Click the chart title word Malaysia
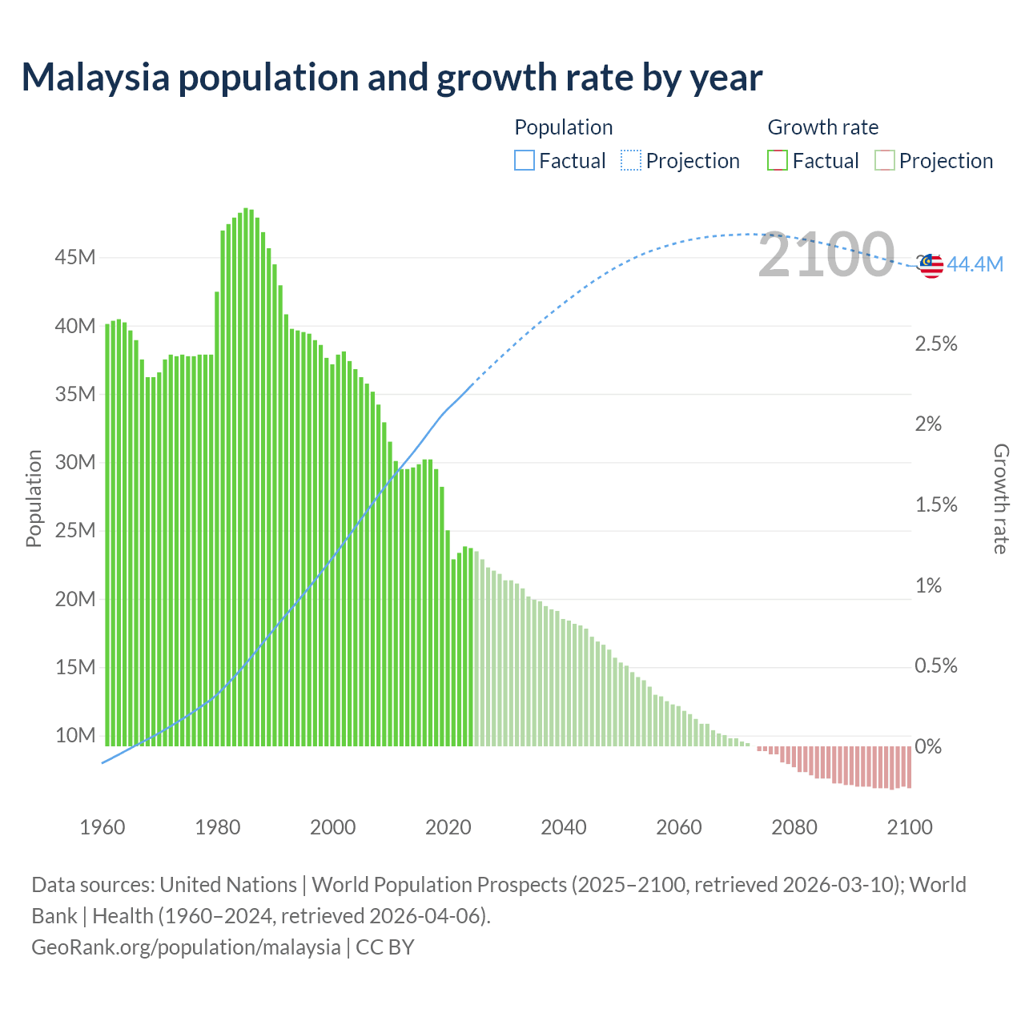click(95, 78)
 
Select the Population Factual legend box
click(524, 161)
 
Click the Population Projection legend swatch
click(631, 161)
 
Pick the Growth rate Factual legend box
click(778, 161)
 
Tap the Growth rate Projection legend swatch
click(884, 161)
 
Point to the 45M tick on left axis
click(75, 257)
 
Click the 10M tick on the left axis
click(75, 735)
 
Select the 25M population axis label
click(75, 530)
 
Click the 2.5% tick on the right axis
click(936, 344)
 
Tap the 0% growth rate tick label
click(928, 746)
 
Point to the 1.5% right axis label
click(936, 504)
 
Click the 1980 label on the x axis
click(218, 827)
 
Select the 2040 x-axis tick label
click(564, 827)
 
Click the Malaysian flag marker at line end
click(931, 266)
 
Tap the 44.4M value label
click(975, 264)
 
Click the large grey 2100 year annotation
click(826, 255)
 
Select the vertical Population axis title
click(34, 498)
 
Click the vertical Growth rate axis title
click(1000, 498)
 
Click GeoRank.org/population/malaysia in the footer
click(186, 947)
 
